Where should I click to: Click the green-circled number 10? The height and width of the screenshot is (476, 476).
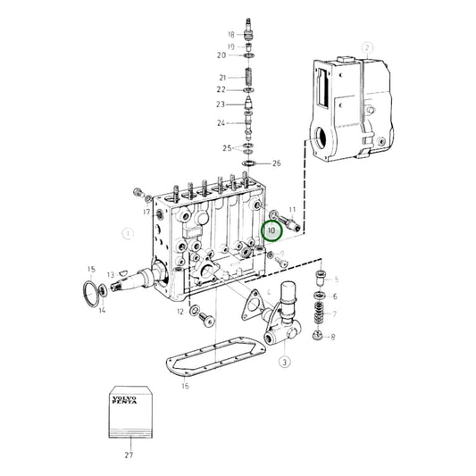tap(271, 230)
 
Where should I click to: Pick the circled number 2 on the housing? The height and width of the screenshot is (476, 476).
tap(365, 46)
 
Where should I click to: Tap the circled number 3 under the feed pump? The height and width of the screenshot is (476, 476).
tap(284, 362)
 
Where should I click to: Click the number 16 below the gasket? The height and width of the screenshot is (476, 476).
tap(185, 386)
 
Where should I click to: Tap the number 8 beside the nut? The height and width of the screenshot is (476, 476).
tap(334, 337)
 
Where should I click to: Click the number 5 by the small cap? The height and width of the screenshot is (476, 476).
tap(336, 279)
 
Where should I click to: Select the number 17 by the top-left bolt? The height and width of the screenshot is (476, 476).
tap(145, 212)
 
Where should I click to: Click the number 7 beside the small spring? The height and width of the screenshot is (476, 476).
tap(334, 314)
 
